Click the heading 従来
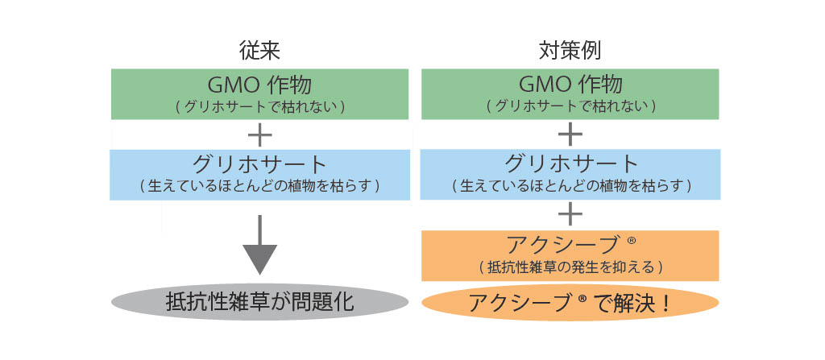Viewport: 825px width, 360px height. [x=259, y=51]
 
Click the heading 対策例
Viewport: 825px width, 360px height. [x=570, y=51]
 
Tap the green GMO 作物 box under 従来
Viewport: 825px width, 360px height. [x=259, y=94]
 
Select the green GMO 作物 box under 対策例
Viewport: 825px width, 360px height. [x=570, y=94]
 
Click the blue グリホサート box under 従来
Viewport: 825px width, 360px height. [x=259, y=174]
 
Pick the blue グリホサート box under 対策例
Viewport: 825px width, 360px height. [x=570, y=174]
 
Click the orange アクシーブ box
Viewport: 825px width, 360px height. [x=570, y=254]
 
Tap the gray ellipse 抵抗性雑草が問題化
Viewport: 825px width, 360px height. [x=259, y=303]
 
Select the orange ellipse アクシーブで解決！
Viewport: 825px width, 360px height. [x=570, y=303]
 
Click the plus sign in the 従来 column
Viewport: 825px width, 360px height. [x=259, y=134]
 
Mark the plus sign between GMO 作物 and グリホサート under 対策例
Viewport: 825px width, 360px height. [x=570, y=134]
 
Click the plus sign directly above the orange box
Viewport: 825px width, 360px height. [x=570, y=213]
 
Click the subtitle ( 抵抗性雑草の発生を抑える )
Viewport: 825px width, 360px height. [x=570, y=267]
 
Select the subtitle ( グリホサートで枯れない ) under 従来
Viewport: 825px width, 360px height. [x=259, y=106]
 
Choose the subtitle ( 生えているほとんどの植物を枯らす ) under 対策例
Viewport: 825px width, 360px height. [x=570, y=186]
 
